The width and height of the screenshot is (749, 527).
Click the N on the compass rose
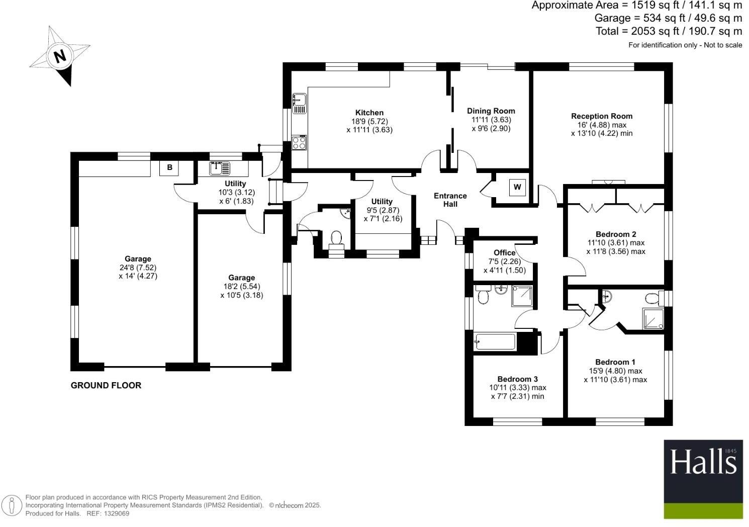60,55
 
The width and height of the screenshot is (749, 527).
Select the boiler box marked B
169,167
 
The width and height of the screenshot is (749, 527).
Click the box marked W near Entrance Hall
517,188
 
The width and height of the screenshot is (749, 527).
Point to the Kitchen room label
369,113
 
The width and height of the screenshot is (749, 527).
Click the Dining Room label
491,111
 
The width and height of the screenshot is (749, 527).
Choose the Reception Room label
602,116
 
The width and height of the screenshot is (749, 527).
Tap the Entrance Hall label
450,200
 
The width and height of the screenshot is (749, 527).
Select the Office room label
504,252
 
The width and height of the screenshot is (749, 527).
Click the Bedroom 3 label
518,379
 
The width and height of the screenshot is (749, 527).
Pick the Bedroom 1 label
615,362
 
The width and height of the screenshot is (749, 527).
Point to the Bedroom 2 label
616,234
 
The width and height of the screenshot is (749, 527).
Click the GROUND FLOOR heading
106,386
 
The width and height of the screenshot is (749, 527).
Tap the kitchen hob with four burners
299,143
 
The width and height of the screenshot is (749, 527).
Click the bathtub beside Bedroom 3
495,342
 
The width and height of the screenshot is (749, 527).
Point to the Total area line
669,31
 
